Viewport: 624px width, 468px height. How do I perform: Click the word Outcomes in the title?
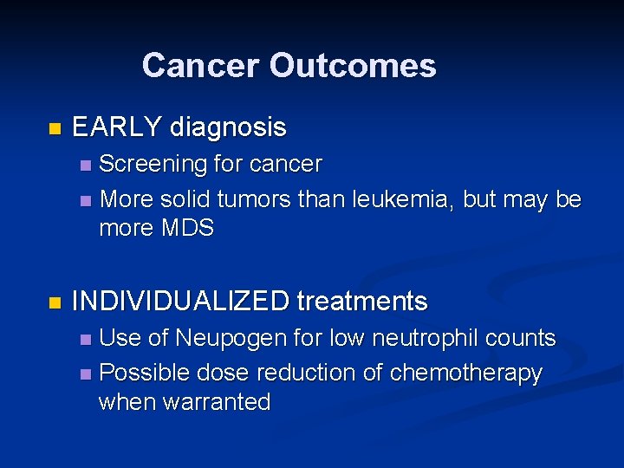tap(353, 65)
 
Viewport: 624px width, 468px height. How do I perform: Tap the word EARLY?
tap(117, 128)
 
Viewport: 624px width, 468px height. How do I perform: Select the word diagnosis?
tap(228, 128)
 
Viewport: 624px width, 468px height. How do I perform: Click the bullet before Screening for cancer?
tap(84, 165)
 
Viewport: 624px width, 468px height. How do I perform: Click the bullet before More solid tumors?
tap(84, 200)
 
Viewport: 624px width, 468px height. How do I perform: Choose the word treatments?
tap(362, 302)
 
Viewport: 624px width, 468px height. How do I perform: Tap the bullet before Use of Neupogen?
tap(84, 339)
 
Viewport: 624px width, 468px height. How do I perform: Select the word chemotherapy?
tap(466, 374)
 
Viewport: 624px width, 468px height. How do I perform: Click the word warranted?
tap(222, 402)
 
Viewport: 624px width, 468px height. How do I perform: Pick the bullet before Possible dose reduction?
tap(84, 374)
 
